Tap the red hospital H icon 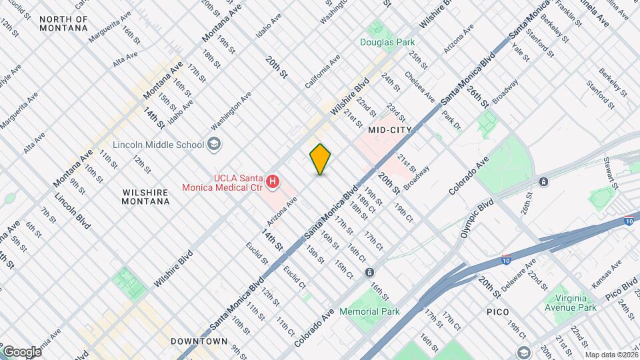272,181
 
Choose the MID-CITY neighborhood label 389,130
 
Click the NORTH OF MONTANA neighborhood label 63,23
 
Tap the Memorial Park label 369,311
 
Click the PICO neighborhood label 497,312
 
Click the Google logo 21,351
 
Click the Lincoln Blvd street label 72,211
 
